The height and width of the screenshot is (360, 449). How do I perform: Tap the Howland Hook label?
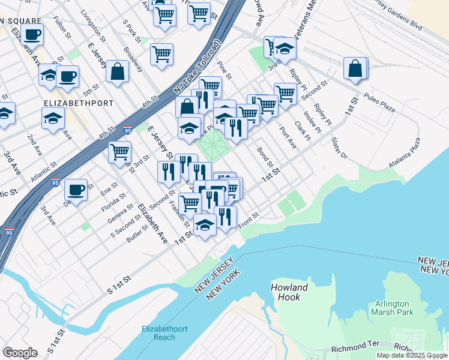[289, 292]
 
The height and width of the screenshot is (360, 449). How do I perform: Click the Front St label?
[248, 221]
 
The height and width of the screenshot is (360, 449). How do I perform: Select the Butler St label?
[137, 235]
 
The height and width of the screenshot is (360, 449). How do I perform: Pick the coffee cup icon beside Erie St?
[76, 190]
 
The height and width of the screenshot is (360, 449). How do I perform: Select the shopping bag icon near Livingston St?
[118, 71]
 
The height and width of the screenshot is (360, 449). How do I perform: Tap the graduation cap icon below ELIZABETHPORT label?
[53, 118]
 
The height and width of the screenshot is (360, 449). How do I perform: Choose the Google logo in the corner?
[20, 352]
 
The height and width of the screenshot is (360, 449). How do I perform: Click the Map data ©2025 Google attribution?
[412, 355]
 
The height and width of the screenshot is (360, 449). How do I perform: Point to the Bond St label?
[265, 158]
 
